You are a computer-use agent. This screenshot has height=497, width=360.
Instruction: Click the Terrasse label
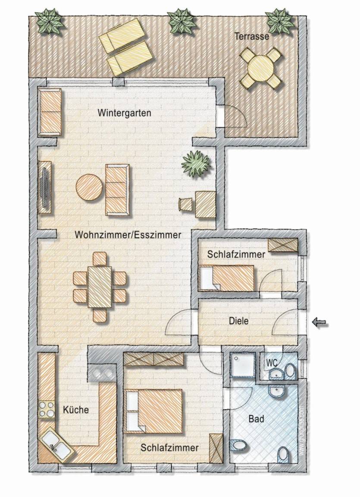point(252,36)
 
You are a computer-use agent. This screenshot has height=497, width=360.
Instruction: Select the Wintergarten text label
point(124,113)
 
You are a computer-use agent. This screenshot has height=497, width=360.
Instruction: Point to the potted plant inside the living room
point(196,164)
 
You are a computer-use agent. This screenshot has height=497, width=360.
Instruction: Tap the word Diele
point(239,321)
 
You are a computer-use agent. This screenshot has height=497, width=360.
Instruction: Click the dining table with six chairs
point(100,287)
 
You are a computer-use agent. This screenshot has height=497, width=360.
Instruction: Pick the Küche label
point(76,410)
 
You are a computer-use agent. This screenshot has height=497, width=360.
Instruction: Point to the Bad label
point(256,418)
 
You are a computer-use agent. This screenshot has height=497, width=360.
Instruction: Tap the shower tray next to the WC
point(243,365)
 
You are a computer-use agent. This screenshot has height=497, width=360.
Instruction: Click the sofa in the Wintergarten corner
point(50,112)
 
